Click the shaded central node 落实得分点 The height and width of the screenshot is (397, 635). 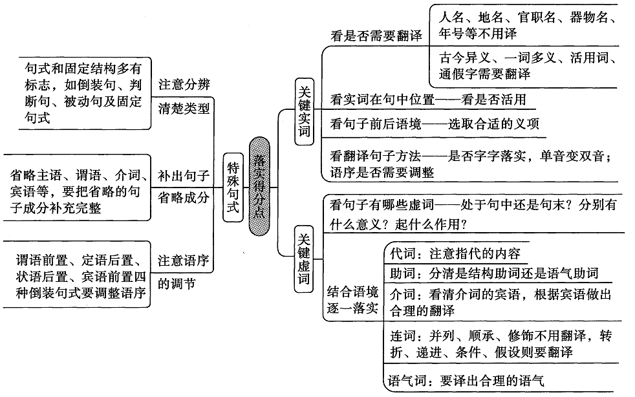click(x=259, y=186)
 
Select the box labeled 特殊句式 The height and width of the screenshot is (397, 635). click(x=233, y=188)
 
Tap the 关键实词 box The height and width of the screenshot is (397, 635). click(x=304, y=111)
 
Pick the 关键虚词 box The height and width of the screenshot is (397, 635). click(x=304, y=259)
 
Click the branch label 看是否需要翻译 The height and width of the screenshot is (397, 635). click(x=376, y=36)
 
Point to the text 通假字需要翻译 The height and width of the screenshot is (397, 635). click(x=484, y=74)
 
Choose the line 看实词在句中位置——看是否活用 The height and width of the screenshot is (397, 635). click(x=428, y=100)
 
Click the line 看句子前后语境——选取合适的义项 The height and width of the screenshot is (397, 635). click(x=435, y=123)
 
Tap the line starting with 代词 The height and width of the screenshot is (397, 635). click(x=455, y=253)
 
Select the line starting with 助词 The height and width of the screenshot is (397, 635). click(x=494, y=273)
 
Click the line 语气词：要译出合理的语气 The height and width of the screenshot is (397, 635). click(x=466, y=380)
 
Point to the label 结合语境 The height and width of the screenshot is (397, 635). click(x=352, y=292)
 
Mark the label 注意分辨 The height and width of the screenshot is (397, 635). click(x=184, y=84)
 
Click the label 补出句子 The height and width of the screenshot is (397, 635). click(x=184, y=176)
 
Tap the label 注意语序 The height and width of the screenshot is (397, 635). click(x=184, y=260)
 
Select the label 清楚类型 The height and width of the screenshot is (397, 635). click(x=184, y=108)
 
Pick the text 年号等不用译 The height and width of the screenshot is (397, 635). click(x=478, y=33)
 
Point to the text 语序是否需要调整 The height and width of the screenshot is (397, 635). click(x=382, y=173)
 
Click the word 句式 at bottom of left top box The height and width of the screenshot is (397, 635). click(x=38, y=118)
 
